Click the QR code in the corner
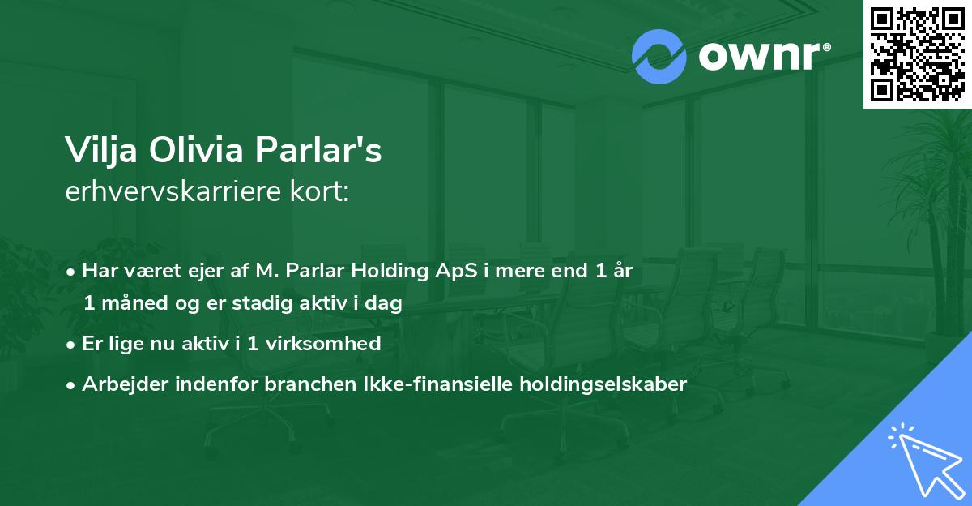pos(918,54)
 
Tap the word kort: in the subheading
pos(322,191)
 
